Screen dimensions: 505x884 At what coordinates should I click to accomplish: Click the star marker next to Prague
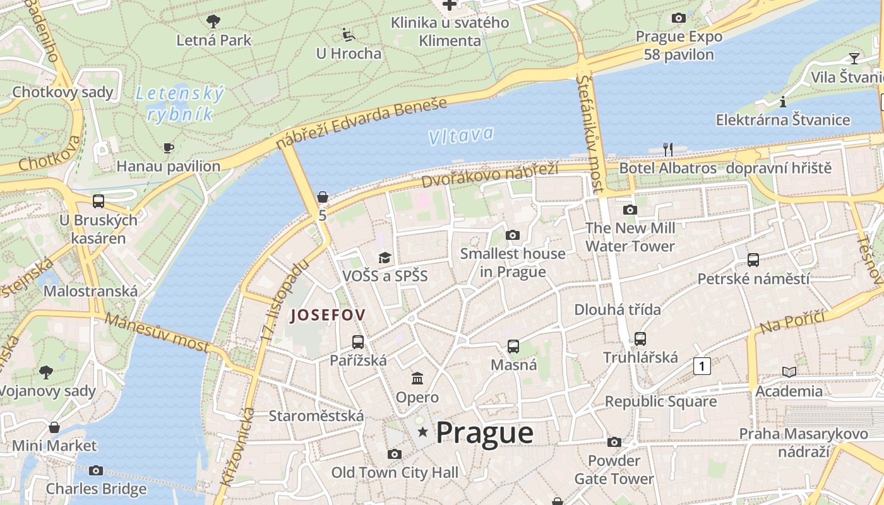pyautogui.click(x=422, y=432)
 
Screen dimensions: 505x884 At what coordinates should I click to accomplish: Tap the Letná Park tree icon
pyautogui.click(x=213, y=21)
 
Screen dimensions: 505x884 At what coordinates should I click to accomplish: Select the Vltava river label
pyautogui.click(x=460, y=135)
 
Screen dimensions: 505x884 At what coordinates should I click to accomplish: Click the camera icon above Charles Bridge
pyautogui.click(x=96, y=470)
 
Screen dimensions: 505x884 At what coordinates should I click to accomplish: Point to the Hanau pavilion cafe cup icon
pyautogui.click(x=169, y=148)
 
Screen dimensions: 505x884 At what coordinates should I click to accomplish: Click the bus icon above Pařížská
pyautogui.click(x=358, y=342)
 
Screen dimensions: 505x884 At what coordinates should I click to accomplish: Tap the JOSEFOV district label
pyautogui.click(x=328, y=315)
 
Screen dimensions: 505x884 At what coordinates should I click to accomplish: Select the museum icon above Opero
pyautogui.click(x=417, y=378)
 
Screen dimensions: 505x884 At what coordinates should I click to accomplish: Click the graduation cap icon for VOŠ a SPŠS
pyautogui.click(x=385, y=258)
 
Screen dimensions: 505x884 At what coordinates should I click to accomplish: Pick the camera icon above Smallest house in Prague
pyautogui.click(x=513, y=235)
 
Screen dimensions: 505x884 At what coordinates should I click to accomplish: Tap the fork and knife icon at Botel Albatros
pyautogui.click(x=667, y=150)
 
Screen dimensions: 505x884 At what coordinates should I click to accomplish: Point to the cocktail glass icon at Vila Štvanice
pyautogui.click(x=854, y=58)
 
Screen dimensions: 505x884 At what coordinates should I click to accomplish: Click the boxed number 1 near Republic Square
pyautogui.click(x=702, y=365)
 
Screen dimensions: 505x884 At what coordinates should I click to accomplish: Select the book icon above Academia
pyautogui.click(x=789, y=372)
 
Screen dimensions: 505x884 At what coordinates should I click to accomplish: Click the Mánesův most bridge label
pyautogui.click(x=156, y=332)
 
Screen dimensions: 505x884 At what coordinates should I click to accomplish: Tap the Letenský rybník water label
pyautogui.click(x=180, y=104)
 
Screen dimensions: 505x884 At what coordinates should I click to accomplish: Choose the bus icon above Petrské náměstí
pyautogui.click(x=753, y=259)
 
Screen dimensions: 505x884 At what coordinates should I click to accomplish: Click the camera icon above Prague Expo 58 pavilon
pyautogui.click(x=679, y=18)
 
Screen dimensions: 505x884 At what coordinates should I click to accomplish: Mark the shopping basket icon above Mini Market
pyautogui.click(x=54, y=427)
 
